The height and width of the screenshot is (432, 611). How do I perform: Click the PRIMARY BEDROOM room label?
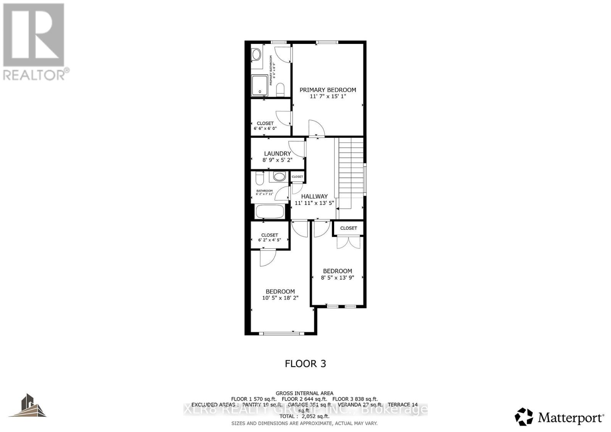click(328, 90)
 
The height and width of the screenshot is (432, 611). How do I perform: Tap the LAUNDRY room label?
click(277, 153)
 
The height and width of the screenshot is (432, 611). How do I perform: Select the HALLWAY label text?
click(314, 196)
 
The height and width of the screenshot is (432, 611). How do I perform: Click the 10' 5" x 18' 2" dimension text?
click(280, 298)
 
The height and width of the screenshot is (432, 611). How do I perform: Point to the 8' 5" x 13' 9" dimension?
click(337, 278)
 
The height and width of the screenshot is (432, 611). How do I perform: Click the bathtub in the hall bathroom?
click(270, 211)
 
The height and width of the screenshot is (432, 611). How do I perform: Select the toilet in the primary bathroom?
click(280, 89)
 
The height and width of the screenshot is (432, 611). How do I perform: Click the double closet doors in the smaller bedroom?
click(348, 243)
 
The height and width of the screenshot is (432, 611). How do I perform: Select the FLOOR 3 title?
click(305, 364)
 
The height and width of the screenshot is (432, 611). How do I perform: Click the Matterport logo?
click(560, 417)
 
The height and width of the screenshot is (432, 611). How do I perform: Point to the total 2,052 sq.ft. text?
click(304, 417)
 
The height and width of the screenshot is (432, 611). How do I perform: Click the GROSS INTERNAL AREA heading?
click(304, 393)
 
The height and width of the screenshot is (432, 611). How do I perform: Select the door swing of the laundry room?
click(297, 148)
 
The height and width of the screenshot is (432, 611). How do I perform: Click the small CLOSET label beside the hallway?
click(297, 177)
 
